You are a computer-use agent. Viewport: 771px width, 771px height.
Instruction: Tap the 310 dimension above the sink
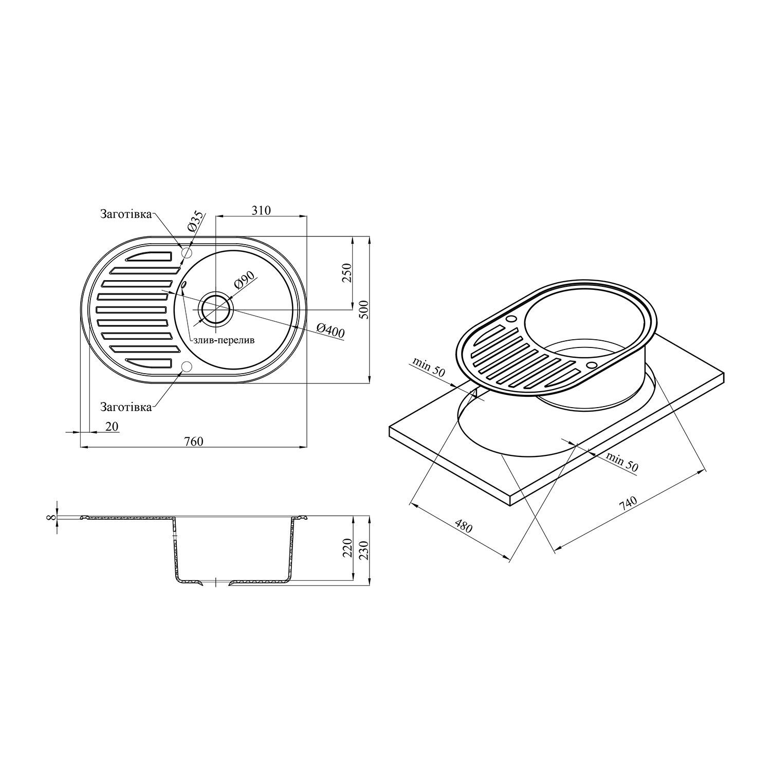(x=261, y=210)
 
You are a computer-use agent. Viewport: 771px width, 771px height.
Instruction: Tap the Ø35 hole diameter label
(x=196, y=222)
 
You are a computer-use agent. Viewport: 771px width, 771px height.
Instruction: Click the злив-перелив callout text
(x=224, y=340)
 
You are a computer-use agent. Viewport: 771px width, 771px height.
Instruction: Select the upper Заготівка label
(x=126, y=214)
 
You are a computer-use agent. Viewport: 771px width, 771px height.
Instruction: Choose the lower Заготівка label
(x=126, y=407)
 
